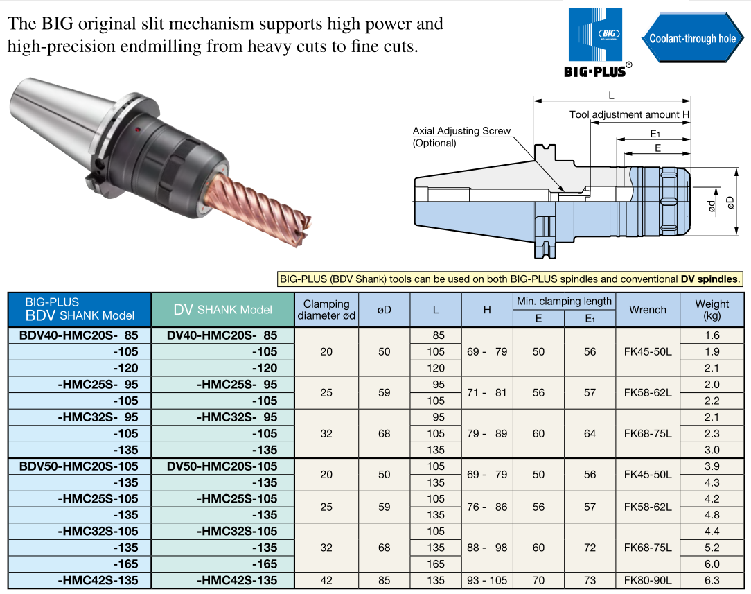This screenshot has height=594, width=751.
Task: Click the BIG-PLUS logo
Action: click(x=597, y=42)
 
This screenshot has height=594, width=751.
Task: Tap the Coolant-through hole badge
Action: click(x=693, y=38)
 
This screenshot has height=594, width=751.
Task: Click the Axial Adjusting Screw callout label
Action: click(x=461, y=137)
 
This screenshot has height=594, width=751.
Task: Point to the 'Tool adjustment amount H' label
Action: click(x=629, y=114)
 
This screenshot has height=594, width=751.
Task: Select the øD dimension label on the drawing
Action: click(x=730, y=202)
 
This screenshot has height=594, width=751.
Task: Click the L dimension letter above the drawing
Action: click(x=611, y=96)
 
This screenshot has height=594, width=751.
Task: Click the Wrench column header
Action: click(x=648, y=310)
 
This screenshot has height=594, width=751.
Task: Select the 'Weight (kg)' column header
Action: click(x=712, y=309)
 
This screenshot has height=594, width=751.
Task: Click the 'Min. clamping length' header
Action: click(x=564, y=302)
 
